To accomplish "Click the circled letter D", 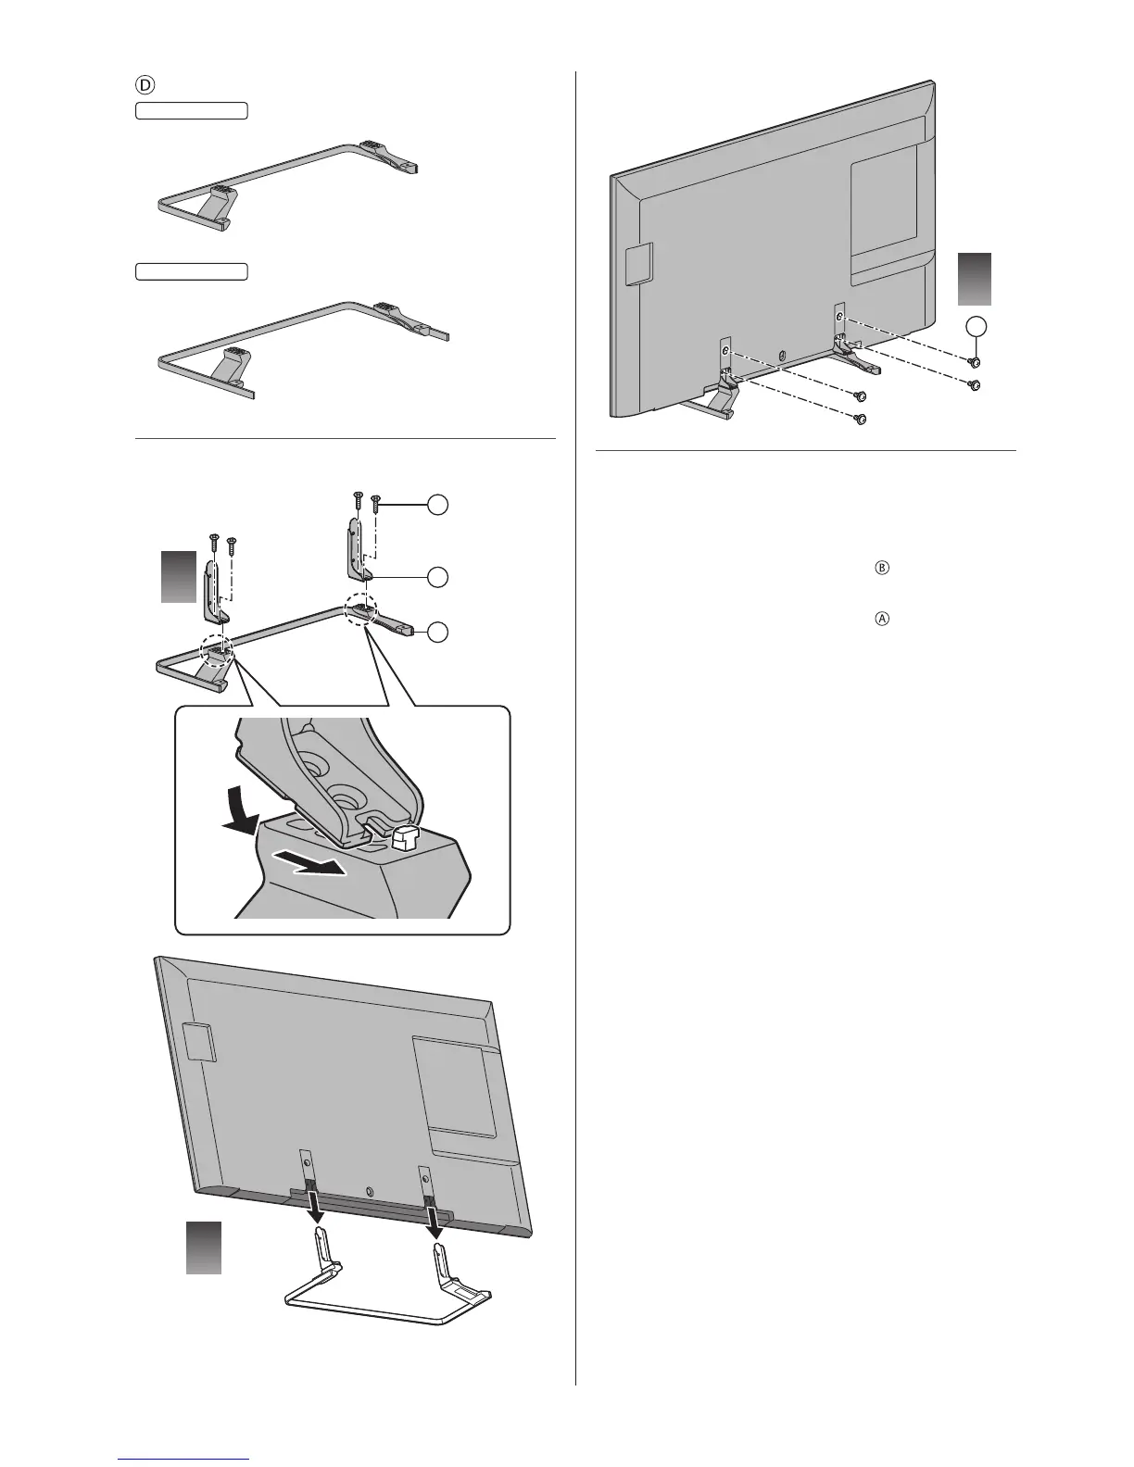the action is pyautogui.click(x=145, y=83).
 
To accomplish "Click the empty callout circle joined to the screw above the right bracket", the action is pyautogui.click(x=438, y=504).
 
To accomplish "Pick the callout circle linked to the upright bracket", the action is pyautogui.click(x=438, y=576).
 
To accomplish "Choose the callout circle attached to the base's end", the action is pyautogui.click(x=438, y=632).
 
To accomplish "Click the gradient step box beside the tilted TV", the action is pyautogui.click(x=204, y=1247).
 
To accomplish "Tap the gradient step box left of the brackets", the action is pyautogui.click(x=179, y=576).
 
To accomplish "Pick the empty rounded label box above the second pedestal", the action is pyautogui.click(x=192, y=270).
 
